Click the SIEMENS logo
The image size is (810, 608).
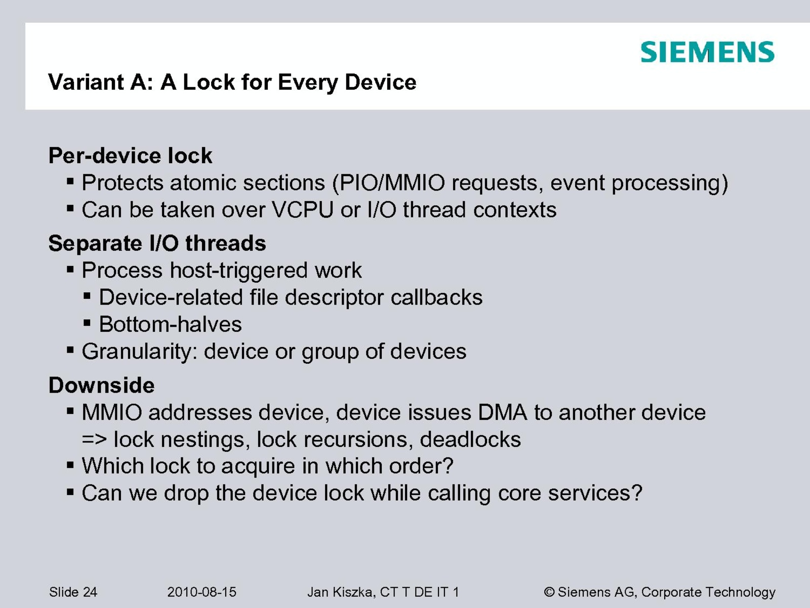pos(707,52)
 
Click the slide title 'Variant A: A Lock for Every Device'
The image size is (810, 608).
pos(232,82)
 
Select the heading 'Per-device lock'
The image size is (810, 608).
pos(130,156)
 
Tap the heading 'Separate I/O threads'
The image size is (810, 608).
pos(157,243)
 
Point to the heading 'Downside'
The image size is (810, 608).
pos(101,385)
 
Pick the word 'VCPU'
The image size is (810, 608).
pos(303,210)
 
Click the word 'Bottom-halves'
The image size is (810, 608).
pos(171,324)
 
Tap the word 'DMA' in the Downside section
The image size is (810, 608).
pos(503,412)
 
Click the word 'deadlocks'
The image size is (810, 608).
pos(470,439)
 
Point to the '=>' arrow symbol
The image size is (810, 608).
pos(95,440)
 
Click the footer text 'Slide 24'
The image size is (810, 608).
pos(73,592)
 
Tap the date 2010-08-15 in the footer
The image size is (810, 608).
pos(201,592)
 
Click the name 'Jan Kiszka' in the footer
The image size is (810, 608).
pos(340,592)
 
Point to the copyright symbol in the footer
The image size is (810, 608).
pos(549,592)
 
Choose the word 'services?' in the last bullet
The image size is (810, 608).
pos(595,493)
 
